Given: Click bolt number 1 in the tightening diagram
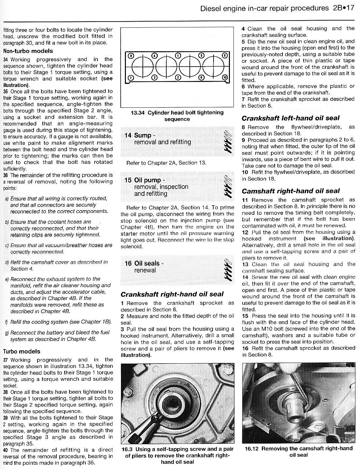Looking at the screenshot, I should click(x=178, y=55).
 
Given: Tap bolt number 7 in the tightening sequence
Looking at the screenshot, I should click(x=130, y=77).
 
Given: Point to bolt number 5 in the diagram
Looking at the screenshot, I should click(x=201, y=55).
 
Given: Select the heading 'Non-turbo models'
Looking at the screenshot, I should click(x=28, y=51).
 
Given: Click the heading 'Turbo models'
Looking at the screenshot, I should click(x=22, y=352).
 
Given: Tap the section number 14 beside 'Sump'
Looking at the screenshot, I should click(x=128, y=135).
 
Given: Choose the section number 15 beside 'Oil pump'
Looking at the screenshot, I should click(x=128, y=180).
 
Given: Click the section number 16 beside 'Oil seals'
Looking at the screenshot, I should click(x=128, y=263).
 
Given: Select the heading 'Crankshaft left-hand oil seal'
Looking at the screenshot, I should click(x=291, y=118).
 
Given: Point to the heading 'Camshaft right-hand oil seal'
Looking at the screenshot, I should click(x=291, y=191).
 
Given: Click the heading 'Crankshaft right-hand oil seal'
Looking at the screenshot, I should click(x=172, y=294).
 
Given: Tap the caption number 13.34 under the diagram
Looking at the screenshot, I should click(x=139, y=113).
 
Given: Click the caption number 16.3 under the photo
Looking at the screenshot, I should click(x=127, y=449).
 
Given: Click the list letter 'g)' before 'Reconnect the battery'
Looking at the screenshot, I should click(x=7, y=333).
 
